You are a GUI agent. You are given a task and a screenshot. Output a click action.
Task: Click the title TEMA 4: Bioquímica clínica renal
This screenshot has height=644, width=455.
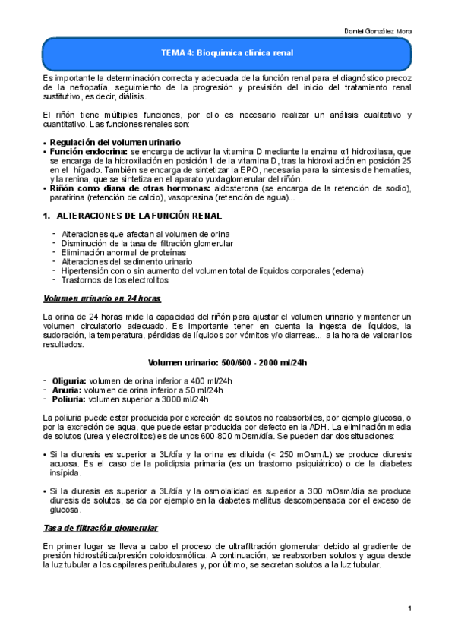click(227, 53)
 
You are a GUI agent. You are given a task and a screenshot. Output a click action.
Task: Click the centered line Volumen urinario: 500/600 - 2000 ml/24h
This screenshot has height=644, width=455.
click(227, 363)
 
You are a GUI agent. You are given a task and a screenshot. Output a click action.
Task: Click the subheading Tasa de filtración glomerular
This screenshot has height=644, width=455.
click(100, 527)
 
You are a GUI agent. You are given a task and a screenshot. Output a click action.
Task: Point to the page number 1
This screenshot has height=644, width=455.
click(409, 608)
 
